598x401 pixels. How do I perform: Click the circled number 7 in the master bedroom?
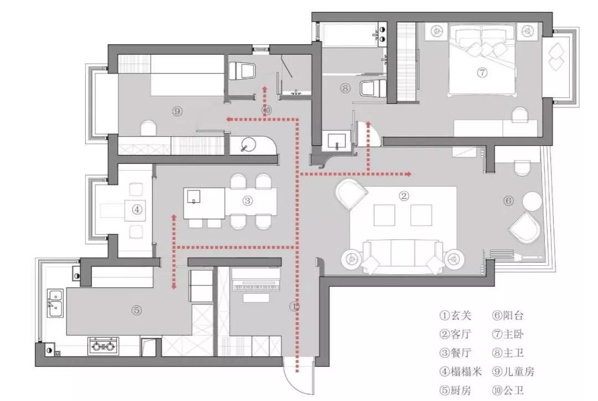(x=482, y=73)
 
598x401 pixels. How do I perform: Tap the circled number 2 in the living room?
(x=404, y=196)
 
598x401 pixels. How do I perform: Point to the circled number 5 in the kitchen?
(x=137, y=311)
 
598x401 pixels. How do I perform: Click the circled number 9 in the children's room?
(x=177, y=111)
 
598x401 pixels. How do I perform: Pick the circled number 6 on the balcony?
(x=508, y=200)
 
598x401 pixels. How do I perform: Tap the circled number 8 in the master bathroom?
(x=346, y=88)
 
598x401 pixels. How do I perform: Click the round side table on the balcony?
(x=532, y=201)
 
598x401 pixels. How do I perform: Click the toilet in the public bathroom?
(x=242, y=70)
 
